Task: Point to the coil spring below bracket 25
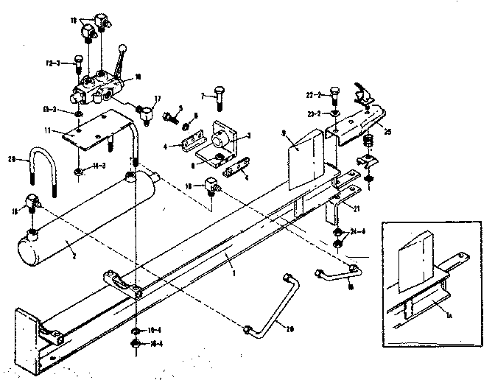[369, 141]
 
